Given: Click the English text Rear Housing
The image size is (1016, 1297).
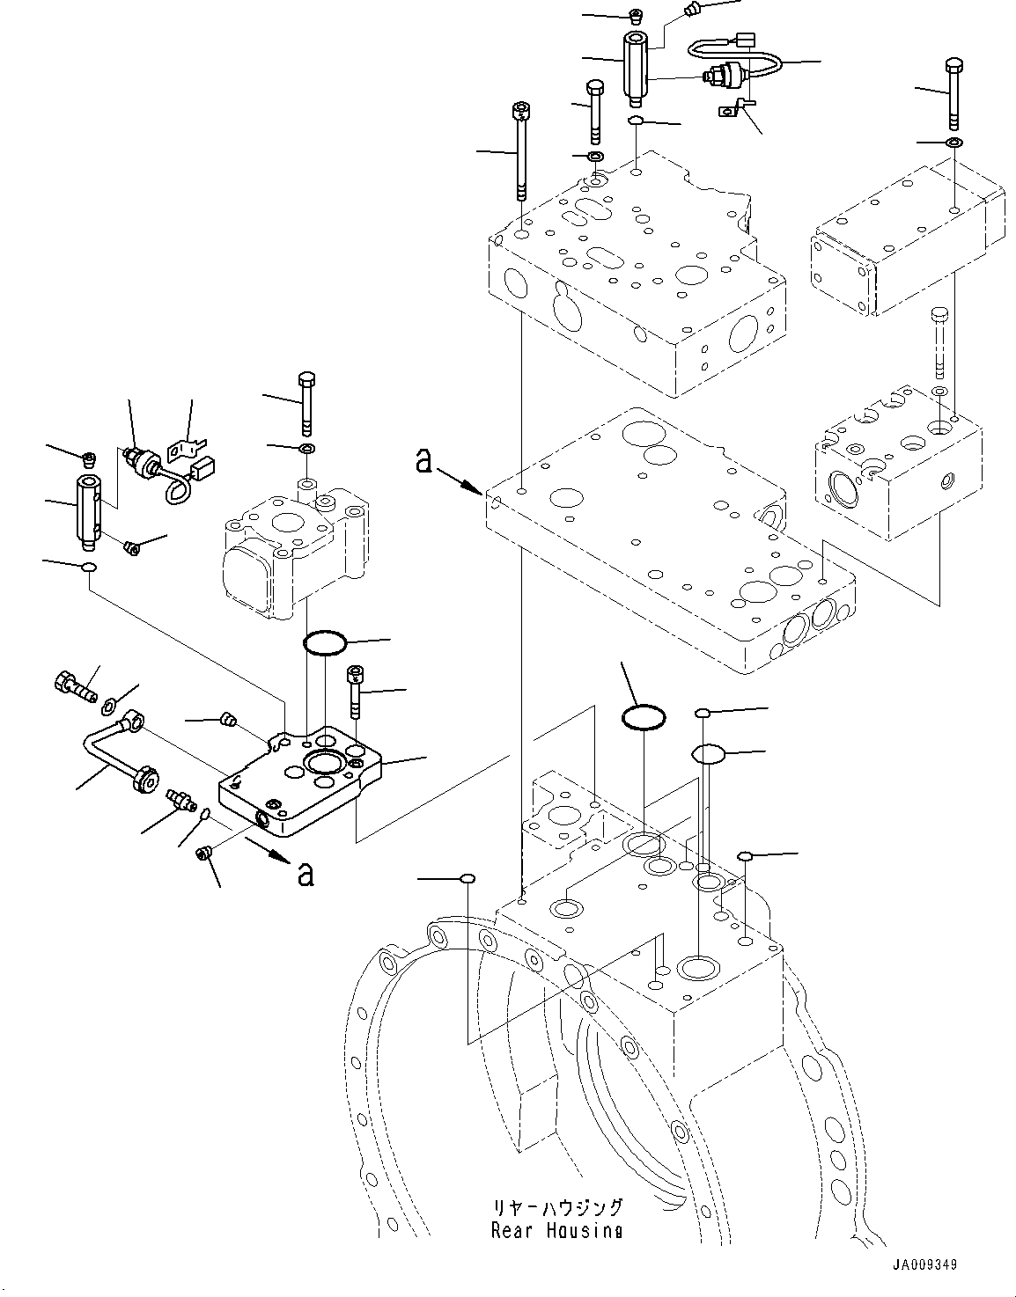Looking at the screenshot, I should [x=556, y=1231].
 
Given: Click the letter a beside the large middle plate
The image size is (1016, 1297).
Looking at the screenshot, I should [x=424, y=460].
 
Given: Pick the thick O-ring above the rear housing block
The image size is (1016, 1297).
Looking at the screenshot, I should [x=643, y=717].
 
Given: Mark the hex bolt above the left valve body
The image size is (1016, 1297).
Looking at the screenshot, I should [x=306, y=404].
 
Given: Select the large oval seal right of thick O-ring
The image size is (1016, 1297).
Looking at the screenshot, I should [x=708, y=754].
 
